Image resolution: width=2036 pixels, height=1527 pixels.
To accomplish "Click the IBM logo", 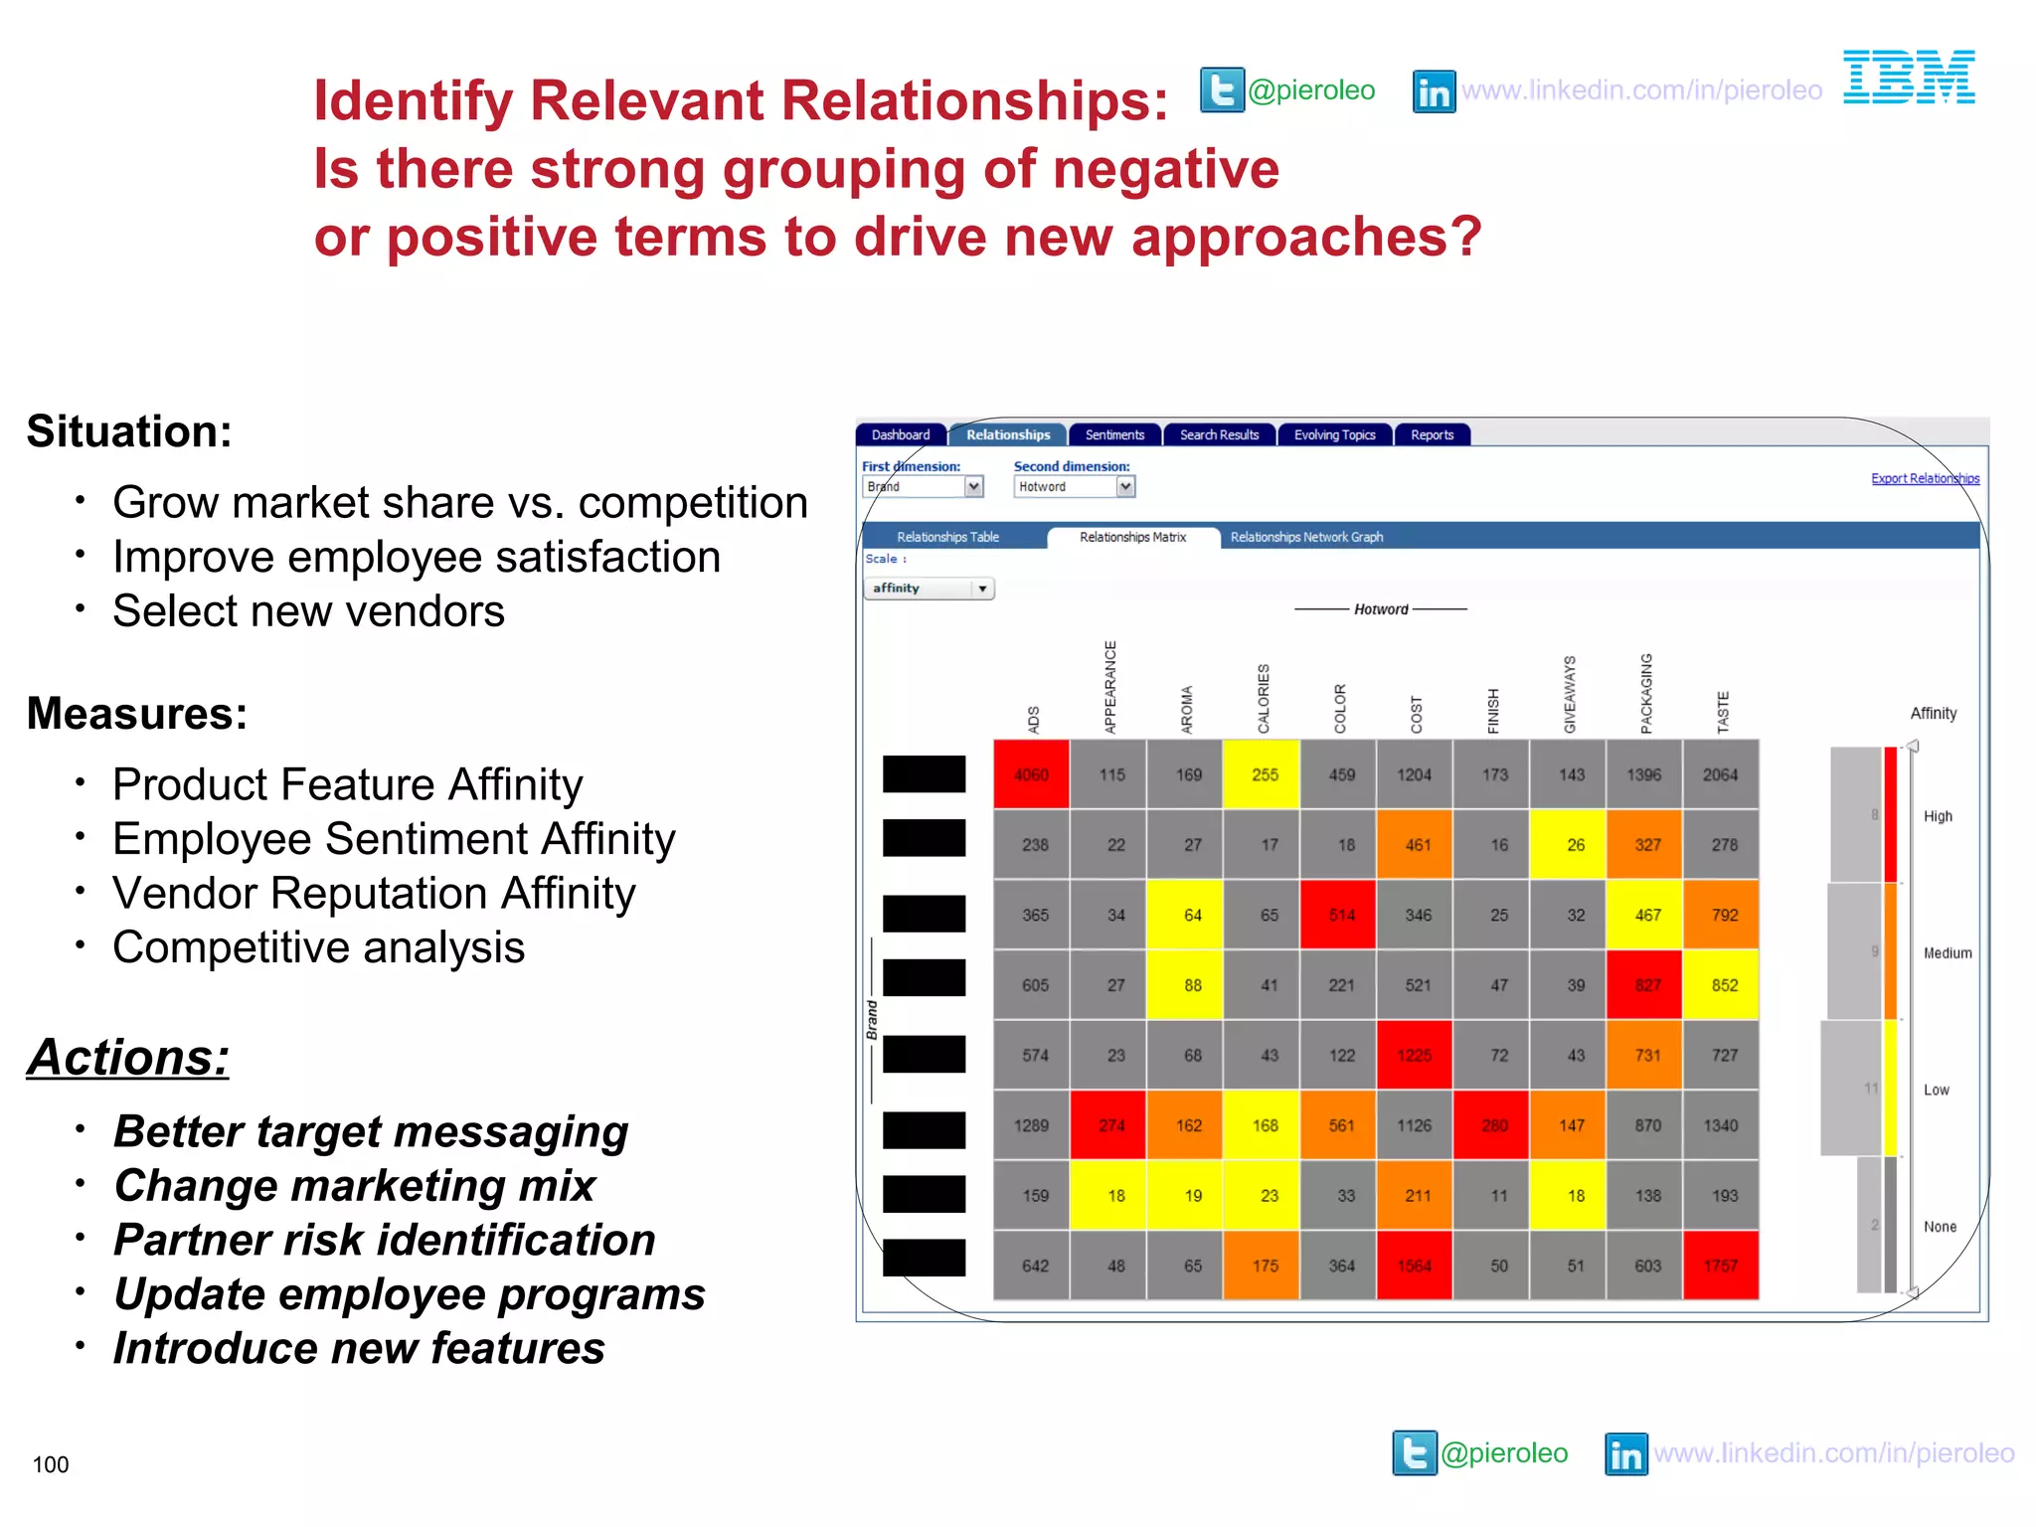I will pos(1908,78).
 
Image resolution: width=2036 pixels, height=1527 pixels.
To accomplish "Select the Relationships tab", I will pos(1007,434).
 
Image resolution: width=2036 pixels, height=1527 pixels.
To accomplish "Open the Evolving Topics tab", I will pos(1334,434).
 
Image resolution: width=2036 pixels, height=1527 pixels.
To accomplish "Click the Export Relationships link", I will pos(1925,478).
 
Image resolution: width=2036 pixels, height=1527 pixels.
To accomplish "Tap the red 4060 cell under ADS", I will pos(1031,774).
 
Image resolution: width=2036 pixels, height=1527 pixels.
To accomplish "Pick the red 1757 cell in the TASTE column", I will pos(1720,1266).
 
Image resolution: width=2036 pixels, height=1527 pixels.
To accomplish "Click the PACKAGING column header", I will pos(1646,694).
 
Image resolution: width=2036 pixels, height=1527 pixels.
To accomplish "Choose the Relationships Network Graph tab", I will pos(1306,537).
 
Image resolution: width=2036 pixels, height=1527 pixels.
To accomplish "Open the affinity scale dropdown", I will pos(981,589).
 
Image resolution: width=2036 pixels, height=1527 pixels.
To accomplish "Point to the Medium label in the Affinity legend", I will pos(1947,952).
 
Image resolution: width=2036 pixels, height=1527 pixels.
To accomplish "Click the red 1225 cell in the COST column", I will pos(1414,1055).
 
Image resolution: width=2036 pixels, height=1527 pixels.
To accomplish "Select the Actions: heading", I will pos(128,1057).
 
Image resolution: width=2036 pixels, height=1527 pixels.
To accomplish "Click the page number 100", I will pos(51,1464).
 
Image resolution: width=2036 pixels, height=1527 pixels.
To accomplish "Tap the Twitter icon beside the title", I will pos(1222,90).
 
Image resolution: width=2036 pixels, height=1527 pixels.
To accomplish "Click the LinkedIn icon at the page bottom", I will pos(1625,1454).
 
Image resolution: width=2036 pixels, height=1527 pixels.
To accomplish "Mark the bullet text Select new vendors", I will pos(308,610).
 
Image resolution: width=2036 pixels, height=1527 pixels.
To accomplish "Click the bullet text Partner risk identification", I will pos(384,1240).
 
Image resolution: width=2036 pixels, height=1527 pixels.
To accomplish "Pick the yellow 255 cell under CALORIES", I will pos(1265,774).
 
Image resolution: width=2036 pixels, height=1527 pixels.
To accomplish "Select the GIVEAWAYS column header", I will pos(1570,694).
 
